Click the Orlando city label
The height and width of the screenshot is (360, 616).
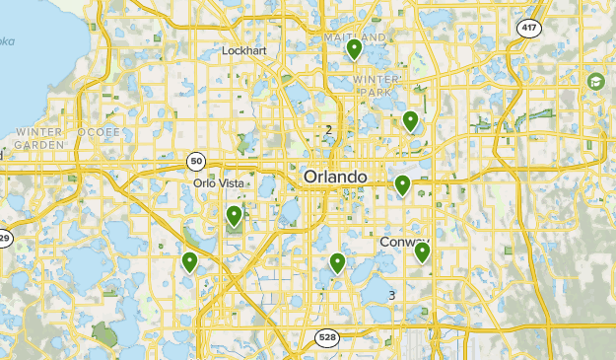(x=335, y=177)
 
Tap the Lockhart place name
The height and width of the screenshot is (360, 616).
(x=245, y=49)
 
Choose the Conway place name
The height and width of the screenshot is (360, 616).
(x=404, y=242)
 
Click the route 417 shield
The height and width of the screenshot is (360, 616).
(x=529, y=28)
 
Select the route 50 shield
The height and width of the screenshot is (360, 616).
(x=197, y=160)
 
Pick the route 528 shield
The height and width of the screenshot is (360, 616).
(x=327, y=338)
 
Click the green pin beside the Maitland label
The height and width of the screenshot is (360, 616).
(x=355, y=48)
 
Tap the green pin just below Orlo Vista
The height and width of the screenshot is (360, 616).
(x=234, y=216)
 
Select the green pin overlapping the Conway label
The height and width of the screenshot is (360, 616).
(x=422, y=252)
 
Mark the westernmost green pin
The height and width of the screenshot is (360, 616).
(x=189, y=261)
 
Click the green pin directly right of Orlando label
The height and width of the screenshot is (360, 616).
(x=402, y=184)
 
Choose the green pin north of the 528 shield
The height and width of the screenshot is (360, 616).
(x=337, y=261)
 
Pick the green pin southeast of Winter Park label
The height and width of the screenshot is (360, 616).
(x=410, y=120)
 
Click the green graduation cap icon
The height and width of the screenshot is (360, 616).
(x=595, y=80)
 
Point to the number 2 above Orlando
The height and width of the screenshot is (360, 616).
(x=328, y=130)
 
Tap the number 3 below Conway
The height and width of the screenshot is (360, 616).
(x=391, y=295)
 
